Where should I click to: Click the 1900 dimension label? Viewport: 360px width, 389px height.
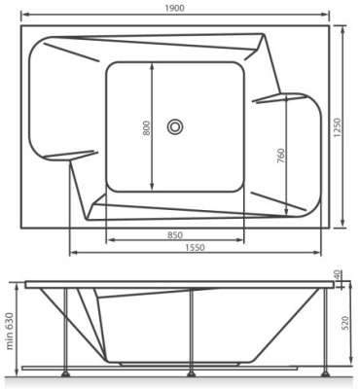coord(174,8)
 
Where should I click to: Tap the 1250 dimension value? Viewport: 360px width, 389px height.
coord(338,127)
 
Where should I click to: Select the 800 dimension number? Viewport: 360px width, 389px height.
coord(147,127)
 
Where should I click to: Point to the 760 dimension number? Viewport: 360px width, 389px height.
coord(280,156)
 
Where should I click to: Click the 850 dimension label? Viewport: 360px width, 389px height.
coord(175,234)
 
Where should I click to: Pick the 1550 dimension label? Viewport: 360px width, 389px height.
coord(195,248)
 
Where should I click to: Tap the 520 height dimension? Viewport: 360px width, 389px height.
coord(345,323)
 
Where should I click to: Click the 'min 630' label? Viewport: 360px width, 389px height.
coord(10,331)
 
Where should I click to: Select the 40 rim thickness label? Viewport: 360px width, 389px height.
coord(337,275)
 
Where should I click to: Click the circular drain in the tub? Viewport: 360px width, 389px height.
coord(175,126)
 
